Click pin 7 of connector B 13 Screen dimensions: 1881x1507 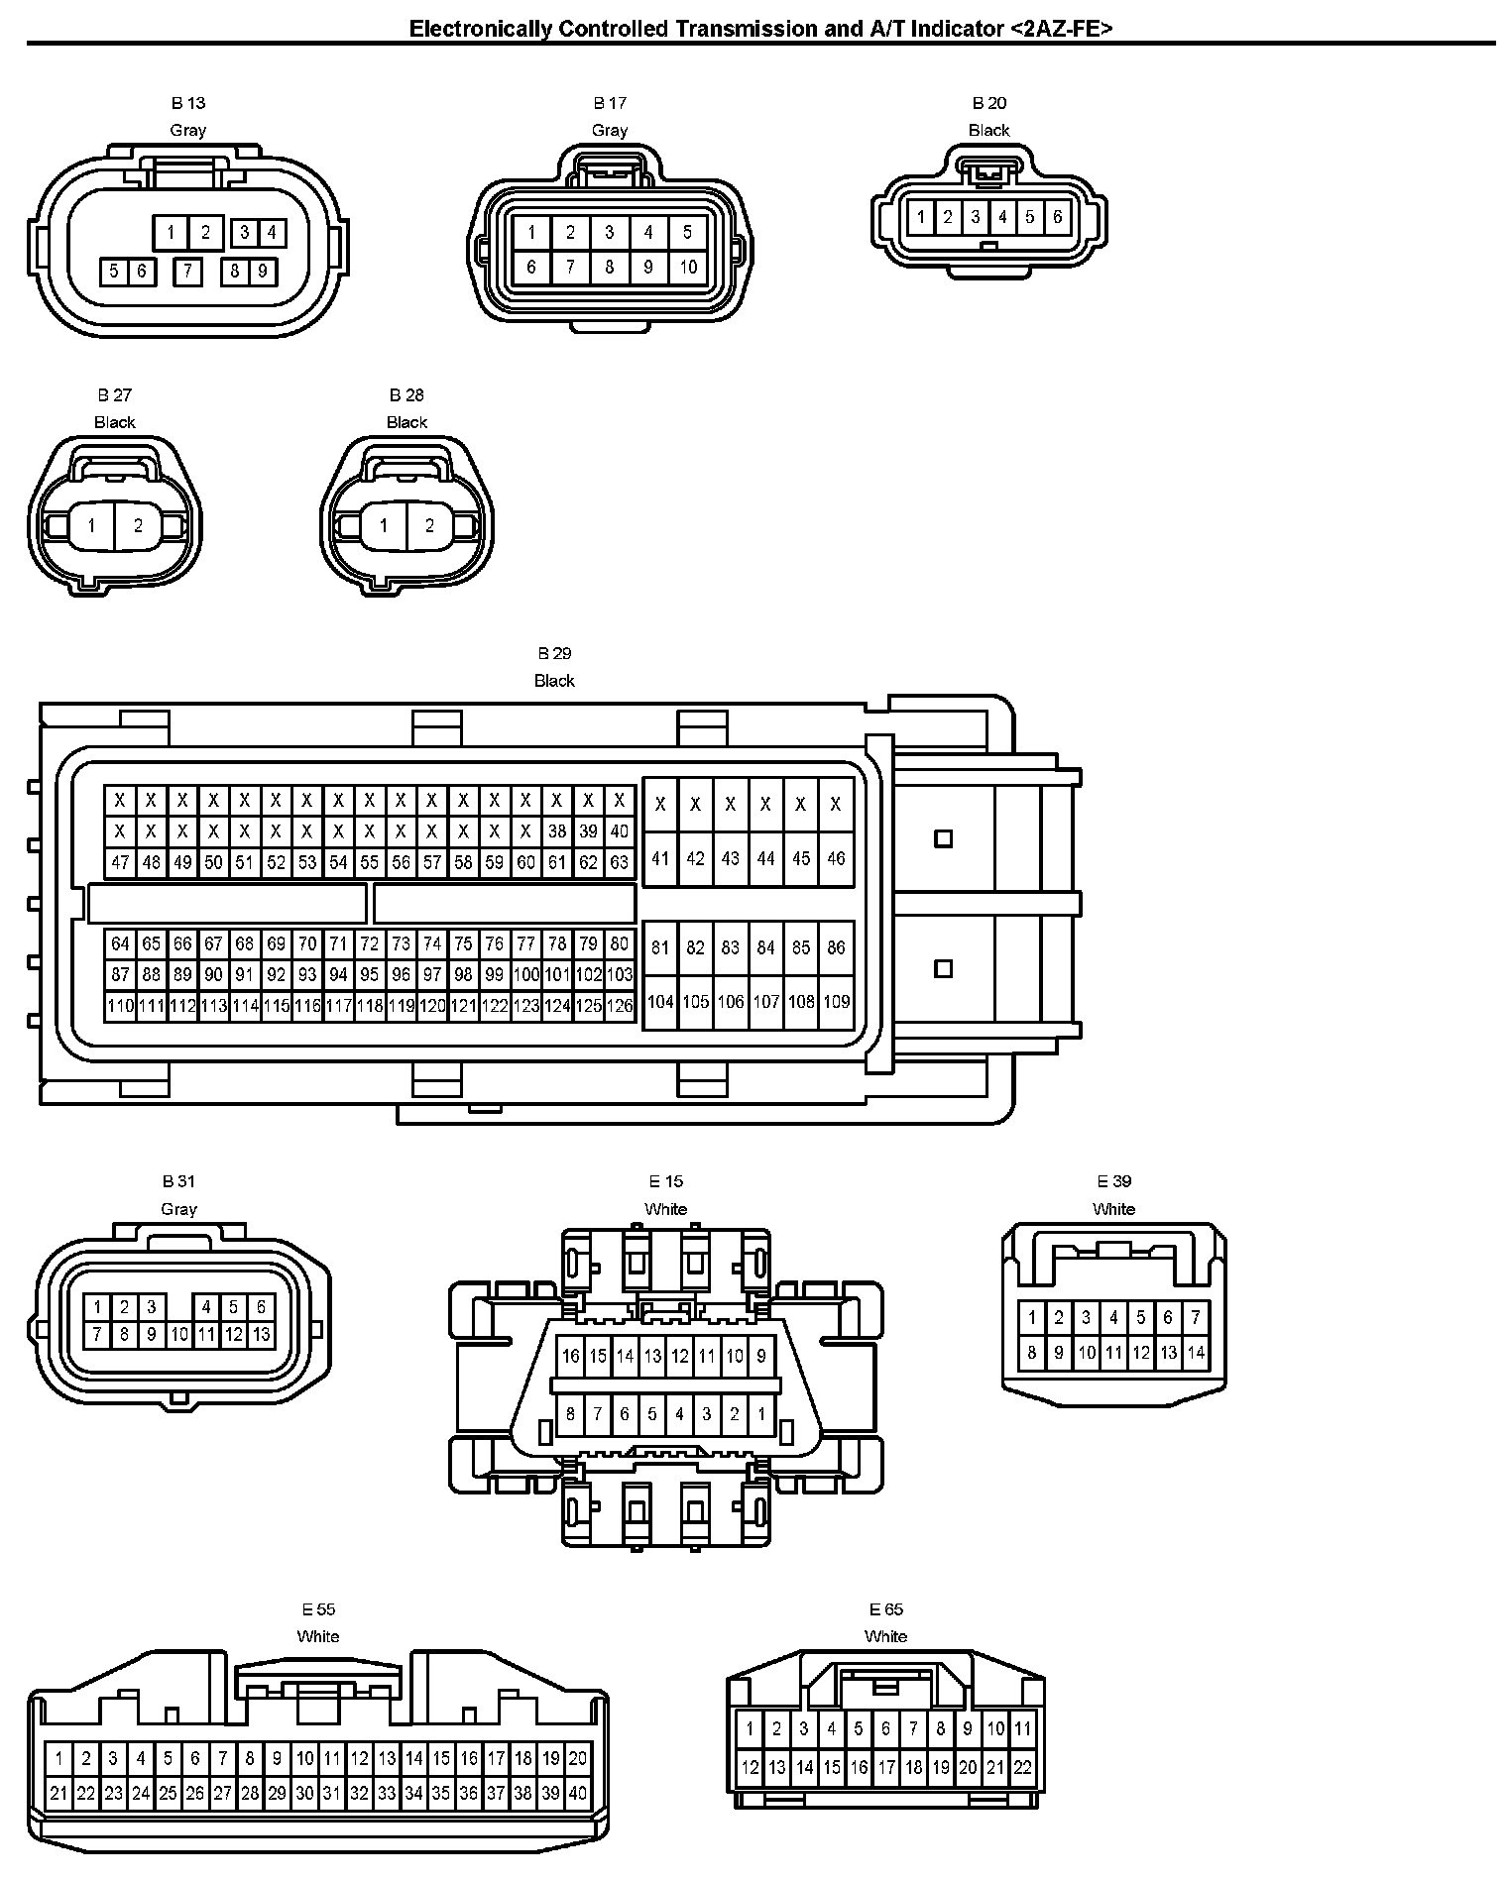pyautogui.click(x=187, y=271)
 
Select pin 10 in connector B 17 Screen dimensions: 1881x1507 pyautogui.click(x=687, y=267)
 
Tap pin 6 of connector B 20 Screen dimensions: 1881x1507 pyautogui.click(x=1057, y=217)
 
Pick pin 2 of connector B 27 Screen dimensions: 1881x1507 pyautogui.click(x=138, y=526)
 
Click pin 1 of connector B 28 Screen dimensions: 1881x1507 pyautogui.click(x=384, y=526)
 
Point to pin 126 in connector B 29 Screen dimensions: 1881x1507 pyautogui.click(x=620, y=1006)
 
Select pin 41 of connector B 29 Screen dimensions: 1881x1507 pyautogui.click(x=660, y=858)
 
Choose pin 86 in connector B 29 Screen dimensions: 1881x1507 pyautogui.click(x=836, y=947)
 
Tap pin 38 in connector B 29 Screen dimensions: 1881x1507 pyautogui.click(x=557, y=831)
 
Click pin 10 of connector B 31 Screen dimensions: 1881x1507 pyautogui.click(x=178, y=1335)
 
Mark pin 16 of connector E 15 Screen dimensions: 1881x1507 pyautogui.click(x=570, y=1356)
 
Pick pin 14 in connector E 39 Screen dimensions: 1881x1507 pyautogui.click(x=1196, y=1352)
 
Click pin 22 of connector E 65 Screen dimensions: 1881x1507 pyautogui.click(x=1022, y=1766)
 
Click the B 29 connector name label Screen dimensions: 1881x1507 pyautogui.click(x=554, y=653)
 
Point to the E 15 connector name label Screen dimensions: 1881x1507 pyautogui.click(x=665, y=1180)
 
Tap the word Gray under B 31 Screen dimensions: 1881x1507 pyautogui.click(x=178, y=1208)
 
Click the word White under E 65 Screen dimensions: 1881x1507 pyautogui.click(x=885, y=1636)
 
